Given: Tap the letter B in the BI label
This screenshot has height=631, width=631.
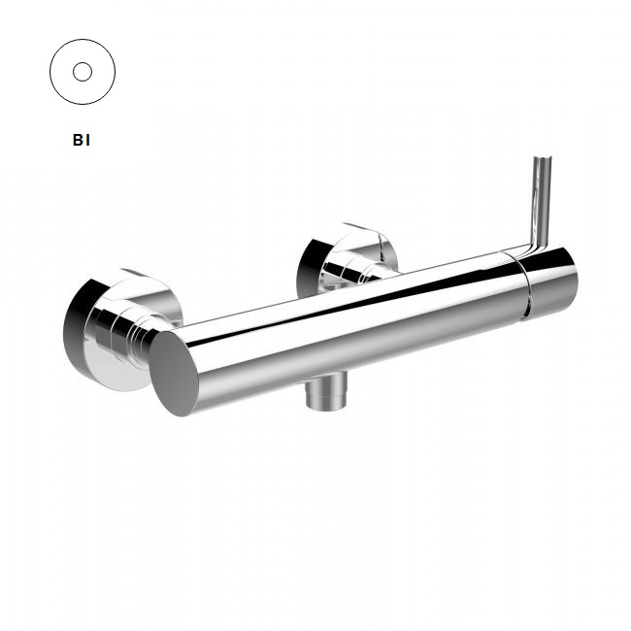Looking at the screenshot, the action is (78, 140).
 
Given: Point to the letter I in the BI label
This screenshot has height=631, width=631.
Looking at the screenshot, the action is (87, 140).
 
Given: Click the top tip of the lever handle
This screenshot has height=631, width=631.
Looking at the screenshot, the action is (543, 157).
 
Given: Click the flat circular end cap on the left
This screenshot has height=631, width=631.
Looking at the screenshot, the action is (174, 374).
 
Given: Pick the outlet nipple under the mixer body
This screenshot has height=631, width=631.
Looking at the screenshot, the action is (326, 391).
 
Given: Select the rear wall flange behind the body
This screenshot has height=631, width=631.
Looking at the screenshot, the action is (348, 260).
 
